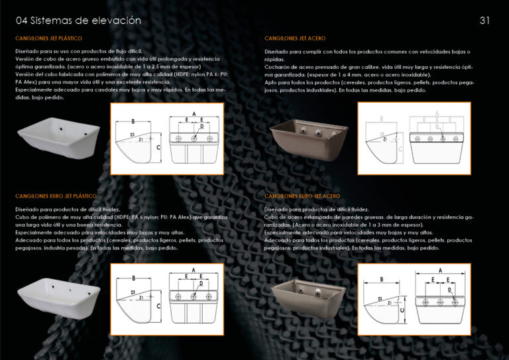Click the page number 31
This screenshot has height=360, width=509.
click(x=484, y=20)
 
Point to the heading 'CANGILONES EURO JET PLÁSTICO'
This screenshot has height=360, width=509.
click(x=56, y=196)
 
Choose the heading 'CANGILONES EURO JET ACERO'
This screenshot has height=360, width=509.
click(x=302, y=196)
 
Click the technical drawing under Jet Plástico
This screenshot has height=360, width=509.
click(x=166, y=139)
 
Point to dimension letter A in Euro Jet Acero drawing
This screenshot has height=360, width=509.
click(x=439, y=270)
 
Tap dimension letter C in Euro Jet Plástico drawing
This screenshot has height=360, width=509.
click(x=159, y=305)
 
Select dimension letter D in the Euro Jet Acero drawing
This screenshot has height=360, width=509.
click(x=449, y=289)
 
